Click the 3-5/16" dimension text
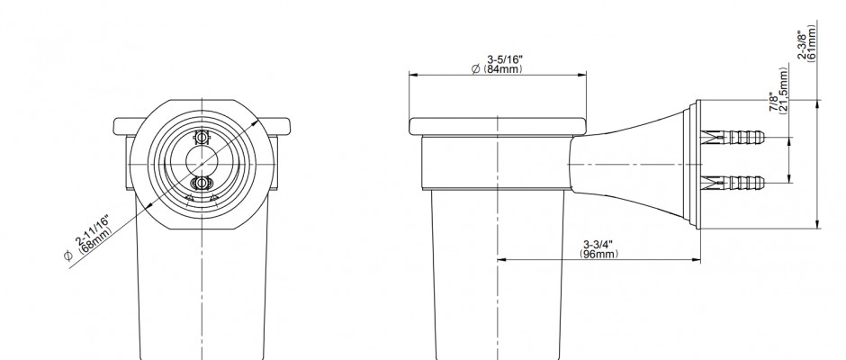[505, 58]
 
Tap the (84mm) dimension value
[502, 69]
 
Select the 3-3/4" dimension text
[598, 244]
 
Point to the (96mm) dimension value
[598, 254]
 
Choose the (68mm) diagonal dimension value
[95, 240]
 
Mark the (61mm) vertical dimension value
[812, 43]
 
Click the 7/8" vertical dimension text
[775, 103]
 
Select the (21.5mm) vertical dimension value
[784, 89]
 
